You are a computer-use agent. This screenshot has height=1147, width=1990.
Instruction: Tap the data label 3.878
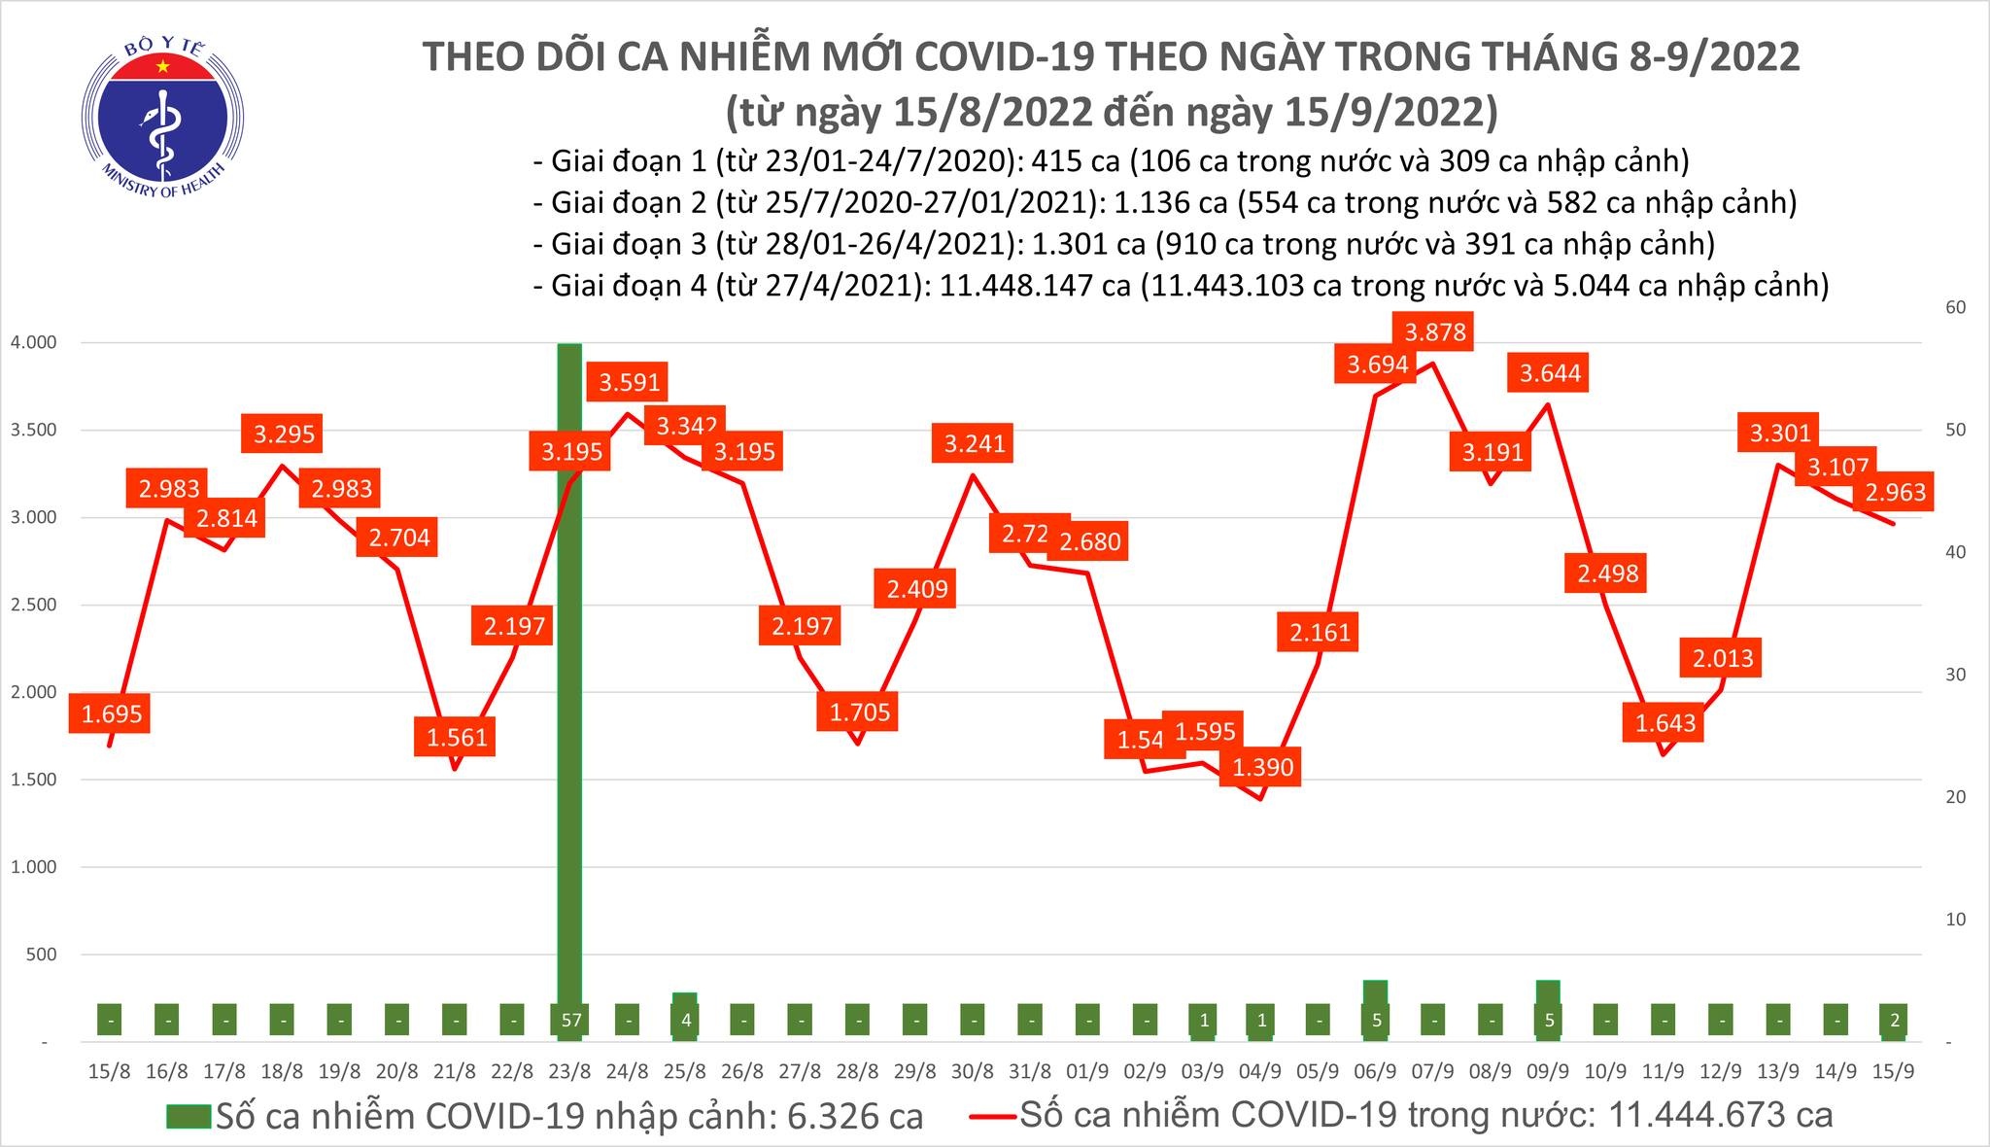pyautogui.click(x=1435, y=332)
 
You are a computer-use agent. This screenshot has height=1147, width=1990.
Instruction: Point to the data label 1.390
pyautogui.click(x=1263, y=767)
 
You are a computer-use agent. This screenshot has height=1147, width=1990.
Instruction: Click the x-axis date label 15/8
pyautogui.click(x=109, y=1072)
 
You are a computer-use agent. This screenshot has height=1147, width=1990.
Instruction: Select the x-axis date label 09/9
pyautogui.click(x=1548, y=1072)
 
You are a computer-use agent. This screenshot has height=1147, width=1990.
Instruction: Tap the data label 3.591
pyautogui.click(x=630, y=382)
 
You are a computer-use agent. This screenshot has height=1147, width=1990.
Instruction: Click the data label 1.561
pyautogui.click(x=457, y=737)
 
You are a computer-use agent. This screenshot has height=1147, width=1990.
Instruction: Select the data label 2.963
pyautogui.click(x=1895, y=492)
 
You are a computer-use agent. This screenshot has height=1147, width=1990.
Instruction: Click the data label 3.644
pyautogui.click(x=1550, y=372)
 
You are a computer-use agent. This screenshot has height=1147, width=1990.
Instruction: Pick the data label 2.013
pyautogui.click(x=1723, y=658)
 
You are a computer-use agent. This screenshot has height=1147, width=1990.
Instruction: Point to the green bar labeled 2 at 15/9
pyautogui.click(x=1894, y=1021)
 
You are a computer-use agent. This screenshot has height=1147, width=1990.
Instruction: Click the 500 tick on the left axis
pyautogui.click(x=41, y=956)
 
